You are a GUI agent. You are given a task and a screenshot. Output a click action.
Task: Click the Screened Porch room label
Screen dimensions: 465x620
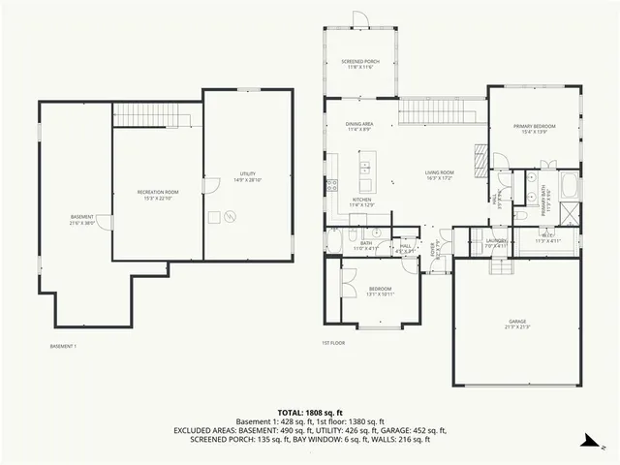tap(359, 64)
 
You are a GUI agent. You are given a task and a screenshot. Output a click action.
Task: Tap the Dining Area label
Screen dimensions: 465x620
tap(359, 127)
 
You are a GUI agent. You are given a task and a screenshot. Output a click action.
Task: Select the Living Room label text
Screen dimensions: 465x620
tap(439, 175)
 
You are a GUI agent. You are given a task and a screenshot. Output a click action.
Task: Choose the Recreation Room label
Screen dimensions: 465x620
tap(158, 195)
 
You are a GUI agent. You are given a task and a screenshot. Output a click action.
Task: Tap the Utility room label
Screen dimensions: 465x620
tap(248, 176)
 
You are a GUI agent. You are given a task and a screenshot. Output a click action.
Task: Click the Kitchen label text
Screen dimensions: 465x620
tap(361, 202)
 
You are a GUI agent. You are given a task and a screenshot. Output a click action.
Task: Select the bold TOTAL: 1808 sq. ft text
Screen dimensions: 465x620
tap(310, 411)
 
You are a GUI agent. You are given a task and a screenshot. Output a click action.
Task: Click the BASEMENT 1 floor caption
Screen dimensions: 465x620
tap(63, 346)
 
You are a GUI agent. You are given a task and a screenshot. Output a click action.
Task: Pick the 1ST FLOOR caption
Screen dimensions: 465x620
tap(333, 343)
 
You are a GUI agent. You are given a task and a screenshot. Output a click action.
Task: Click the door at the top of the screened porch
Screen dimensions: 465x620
tap(359, 17)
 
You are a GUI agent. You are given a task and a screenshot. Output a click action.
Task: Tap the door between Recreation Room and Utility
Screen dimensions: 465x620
tap(206, 186)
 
